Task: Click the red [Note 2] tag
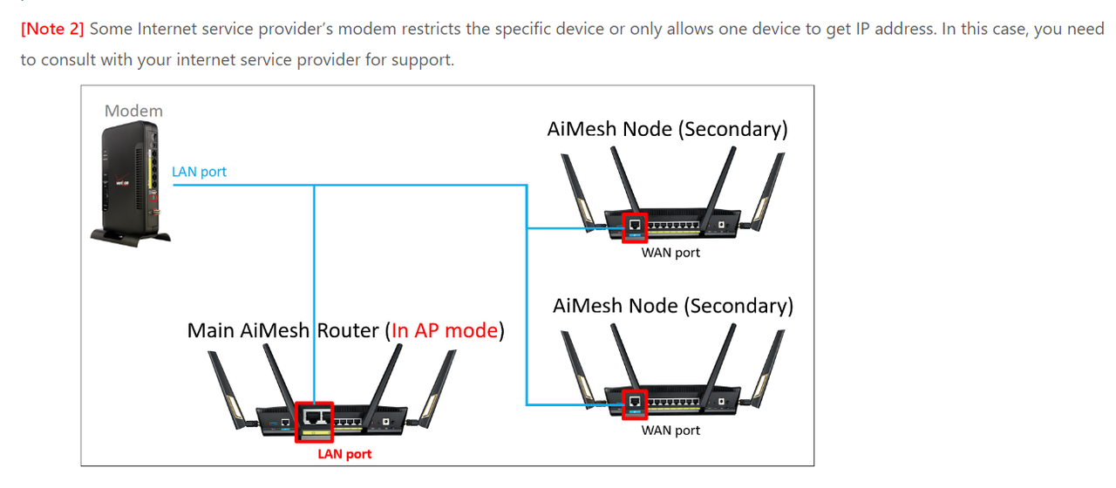pyautogui.click(x=52, y=29)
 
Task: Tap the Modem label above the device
pyautogui.click(x=133, y=111)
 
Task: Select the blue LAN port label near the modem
pyautogui.click(x=199, y=172)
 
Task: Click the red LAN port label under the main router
pyautogui.click(x=344, y=454)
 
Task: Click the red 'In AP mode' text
pyautogui.click(x=445, y=331)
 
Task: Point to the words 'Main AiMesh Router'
pyautogui.click(x=283, y=331)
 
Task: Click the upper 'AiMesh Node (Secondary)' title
pyautogui.click(x=667, y=129)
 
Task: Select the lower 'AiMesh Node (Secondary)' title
pyautogui.click(x=673, y=306)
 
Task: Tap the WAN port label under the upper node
pyautogui.click(x=670, y=253)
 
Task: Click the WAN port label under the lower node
pyautogui.click(x=670, y=430)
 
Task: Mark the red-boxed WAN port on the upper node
pyautogui.click(x=635, y=225)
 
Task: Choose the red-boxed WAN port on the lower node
pyautogui.click(x=635, y=402)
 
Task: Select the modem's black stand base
pyautogui.click(x=131, y=234)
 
